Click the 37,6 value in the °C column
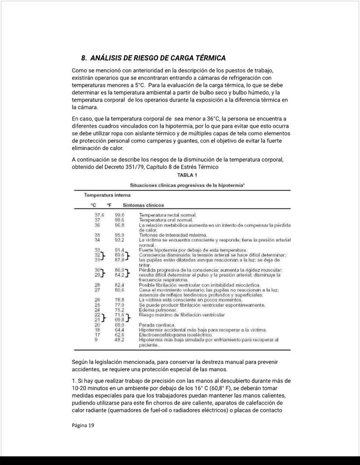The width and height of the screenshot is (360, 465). pyautogui.click(x=99, y=215)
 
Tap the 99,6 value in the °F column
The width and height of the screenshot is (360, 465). pyautogui.click(x=120, y=215)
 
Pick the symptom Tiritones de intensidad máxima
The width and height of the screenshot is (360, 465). pyautogui.click(x=170, y=235)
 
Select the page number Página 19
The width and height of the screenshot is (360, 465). pyautogui.click(x=83, y=425)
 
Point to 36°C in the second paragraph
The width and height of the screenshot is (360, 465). pyautogui.click(x=213, y=119)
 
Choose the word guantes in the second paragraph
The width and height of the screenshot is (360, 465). pyautogui.click(x=183, y=141)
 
